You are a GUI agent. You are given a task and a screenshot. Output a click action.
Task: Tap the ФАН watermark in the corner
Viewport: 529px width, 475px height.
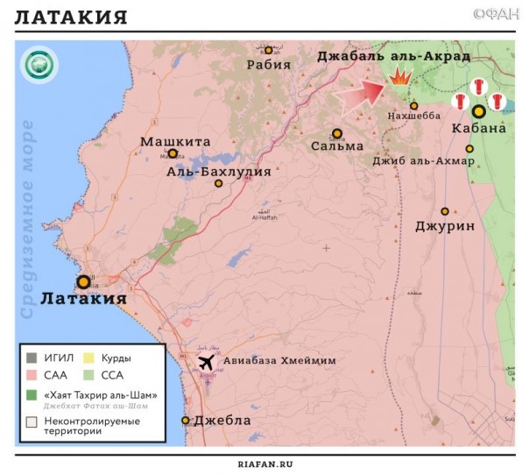click(x=494, y=14)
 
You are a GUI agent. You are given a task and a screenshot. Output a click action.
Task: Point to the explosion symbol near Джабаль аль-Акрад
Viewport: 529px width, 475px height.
click(x=400, y=78)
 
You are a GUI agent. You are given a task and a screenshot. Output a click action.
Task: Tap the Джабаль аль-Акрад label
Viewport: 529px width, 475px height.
click(x=393, y=55)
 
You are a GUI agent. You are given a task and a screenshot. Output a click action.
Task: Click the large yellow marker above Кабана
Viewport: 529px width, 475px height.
click(x=478, y=111)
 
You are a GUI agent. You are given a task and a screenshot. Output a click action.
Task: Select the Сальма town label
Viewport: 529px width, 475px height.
click(x=337, y=146)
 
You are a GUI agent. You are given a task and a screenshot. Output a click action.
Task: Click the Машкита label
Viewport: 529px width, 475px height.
click(x=175, y=140)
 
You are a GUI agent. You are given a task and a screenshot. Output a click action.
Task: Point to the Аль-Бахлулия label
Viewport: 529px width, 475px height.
click(x=219, y=172)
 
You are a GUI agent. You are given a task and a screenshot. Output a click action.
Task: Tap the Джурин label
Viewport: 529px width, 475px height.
click(x=445, y=226)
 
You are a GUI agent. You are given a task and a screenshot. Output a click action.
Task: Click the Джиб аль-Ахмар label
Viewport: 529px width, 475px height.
click(x=423, y=161)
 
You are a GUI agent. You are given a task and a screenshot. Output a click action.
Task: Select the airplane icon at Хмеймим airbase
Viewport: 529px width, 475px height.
click(x=207, y=361)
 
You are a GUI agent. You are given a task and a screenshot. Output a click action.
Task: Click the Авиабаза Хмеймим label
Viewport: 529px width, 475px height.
click(x=279, y=361)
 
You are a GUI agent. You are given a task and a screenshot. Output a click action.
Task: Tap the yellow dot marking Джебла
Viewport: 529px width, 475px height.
click(x=186, y=421)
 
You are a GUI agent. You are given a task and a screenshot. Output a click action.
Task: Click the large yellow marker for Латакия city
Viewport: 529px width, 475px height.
click(x=83, y=281)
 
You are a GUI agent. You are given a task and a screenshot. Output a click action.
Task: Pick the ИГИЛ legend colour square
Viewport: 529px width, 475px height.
click(x=31, y=357)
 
